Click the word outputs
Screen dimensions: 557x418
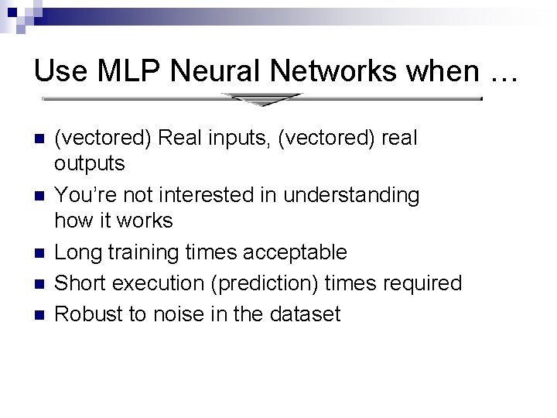[x=89, y=164]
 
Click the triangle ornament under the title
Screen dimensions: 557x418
[x=261, y=99]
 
